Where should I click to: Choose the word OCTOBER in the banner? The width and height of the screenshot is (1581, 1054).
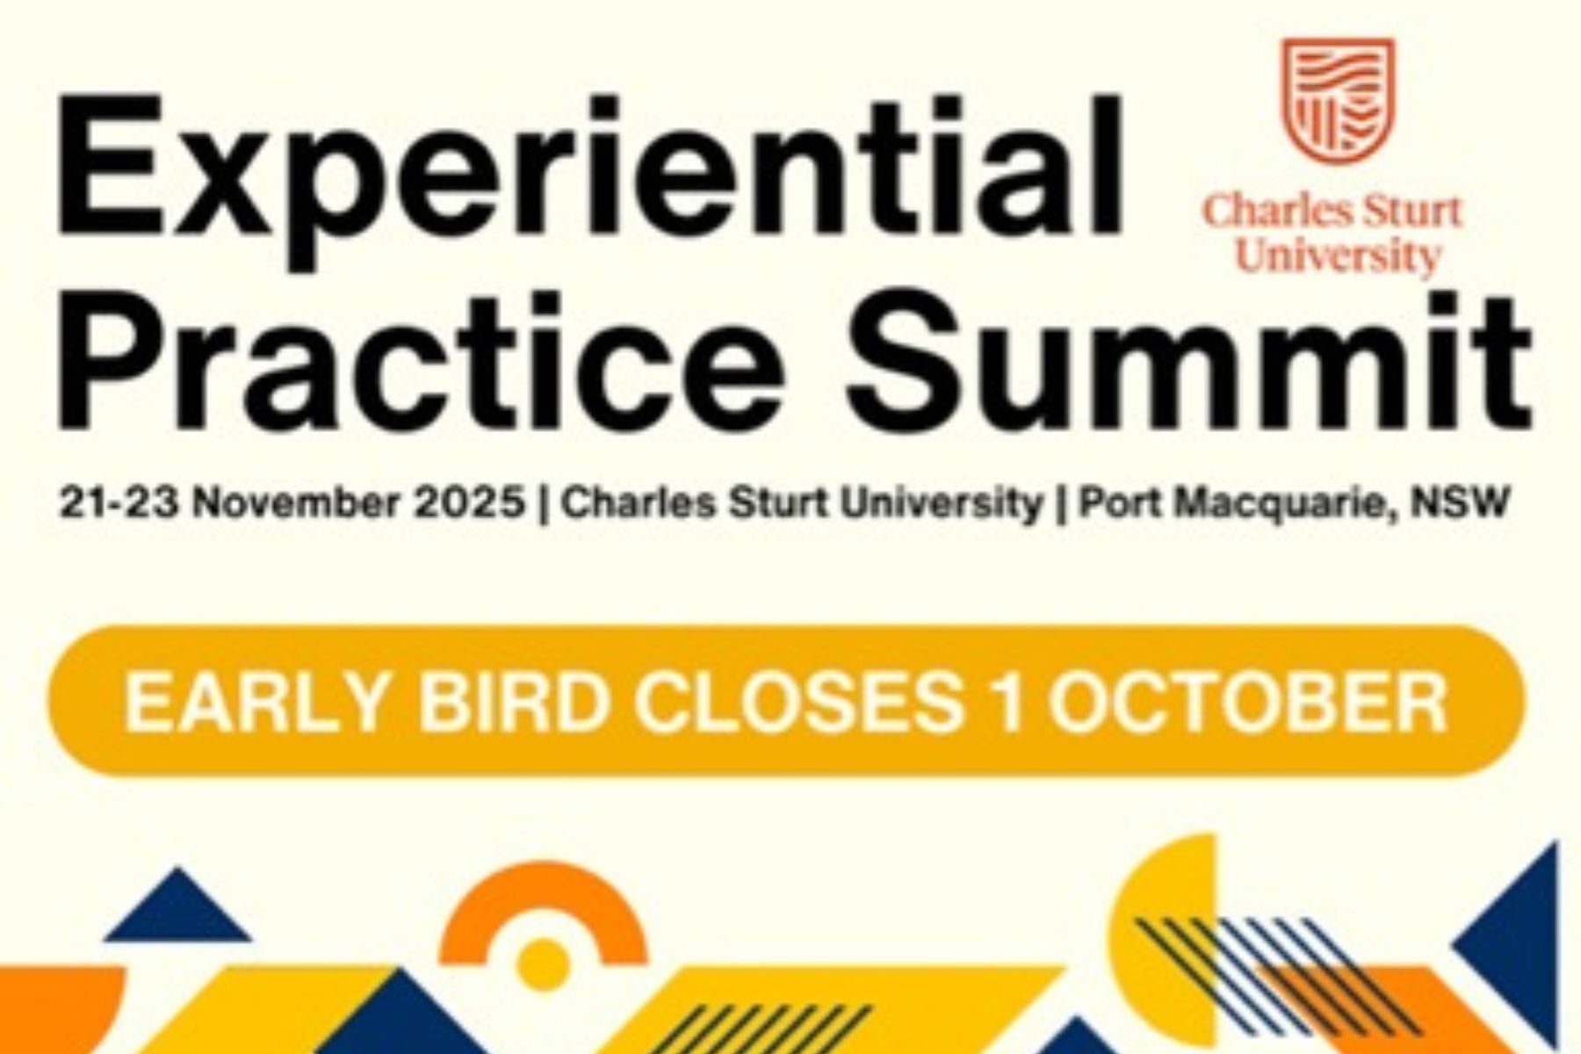pos(1248,703)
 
